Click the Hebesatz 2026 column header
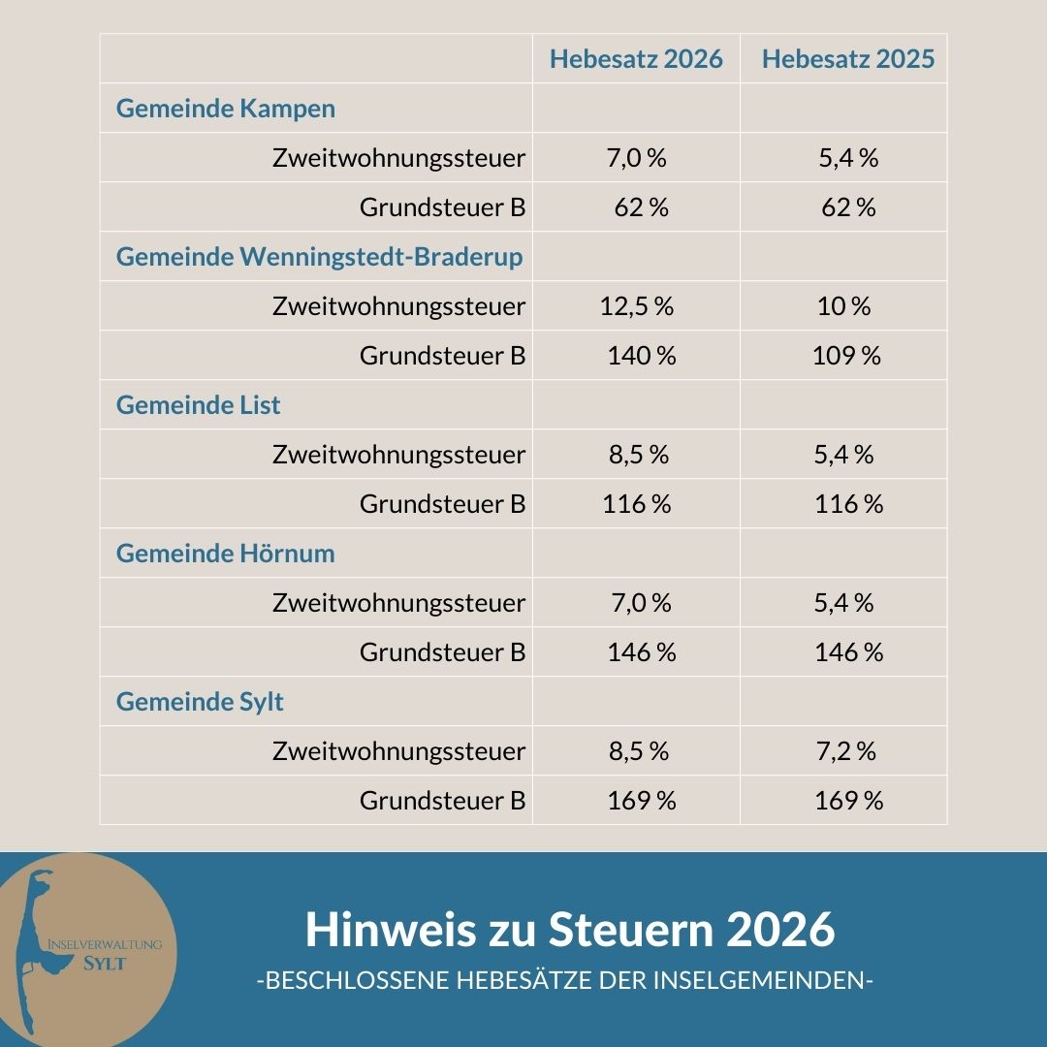click(x=636, y=59)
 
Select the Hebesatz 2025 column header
click(x=848, y=59)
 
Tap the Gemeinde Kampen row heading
click(x=226, y=109)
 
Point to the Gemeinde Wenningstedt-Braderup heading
click(x=319, y=257)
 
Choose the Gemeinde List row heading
click(x=198, y=405)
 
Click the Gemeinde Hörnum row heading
click(x=225, y=554)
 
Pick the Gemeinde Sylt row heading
click(x=200, y=702)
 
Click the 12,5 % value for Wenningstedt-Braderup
click(x=636, y=306)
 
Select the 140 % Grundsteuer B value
click(x=641, y=356)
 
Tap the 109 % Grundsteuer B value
click(x=846, y=356)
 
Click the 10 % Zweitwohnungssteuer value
click(x=844, y=306)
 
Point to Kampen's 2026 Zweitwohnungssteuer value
click(x=637, y=158)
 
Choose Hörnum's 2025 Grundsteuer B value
click(x=848, y=652)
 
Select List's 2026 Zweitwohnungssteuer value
click(x=638, y=455)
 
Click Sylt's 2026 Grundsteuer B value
click(x=641, y=801)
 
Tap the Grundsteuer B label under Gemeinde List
click(x=442, y=504)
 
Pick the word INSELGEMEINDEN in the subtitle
click(x=764, y=980)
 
